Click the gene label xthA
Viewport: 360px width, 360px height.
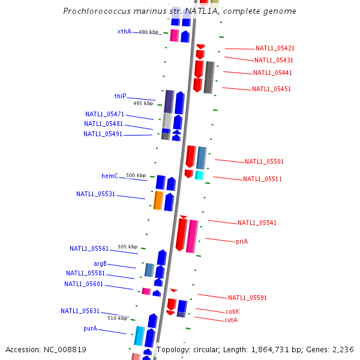124,31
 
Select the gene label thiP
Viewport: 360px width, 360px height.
120,96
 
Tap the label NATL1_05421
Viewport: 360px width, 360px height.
275,48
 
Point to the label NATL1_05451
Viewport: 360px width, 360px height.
271,89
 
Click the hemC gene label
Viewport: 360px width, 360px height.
109,176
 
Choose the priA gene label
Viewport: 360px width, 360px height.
242,241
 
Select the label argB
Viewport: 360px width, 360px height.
100,263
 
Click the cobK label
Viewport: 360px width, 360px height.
233,311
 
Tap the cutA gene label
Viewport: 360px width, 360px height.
231,320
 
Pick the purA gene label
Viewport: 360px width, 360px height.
90,329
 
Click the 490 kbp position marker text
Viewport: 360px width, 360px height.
149,32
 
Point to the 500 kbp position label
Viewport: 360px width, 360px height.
136,175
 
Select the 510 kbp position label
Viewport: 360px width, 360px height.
118,318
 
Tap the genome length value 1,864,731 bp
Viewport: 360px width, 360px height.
278,349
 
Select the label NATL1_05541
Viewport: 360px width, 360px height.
257,223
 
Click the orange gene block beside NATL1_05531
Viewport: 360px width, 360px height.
158,200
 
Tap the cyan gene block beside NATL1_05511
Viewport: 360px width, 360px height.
199,175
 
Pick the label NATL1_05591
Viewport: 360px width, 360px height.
247,298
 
